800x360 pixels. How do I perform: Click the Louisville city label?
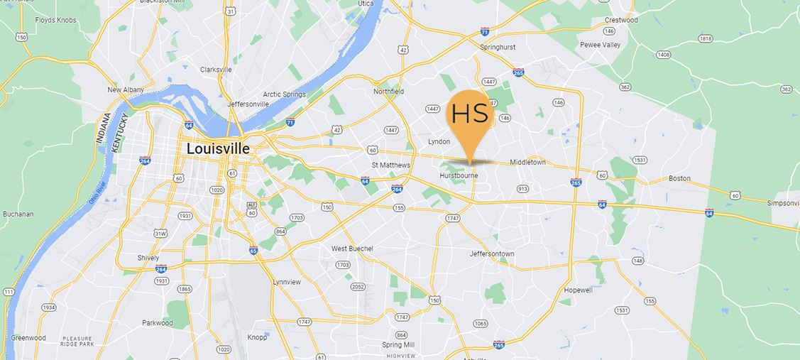click(218, 149)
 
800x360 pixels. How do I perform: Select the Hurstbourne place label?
click(458, 175)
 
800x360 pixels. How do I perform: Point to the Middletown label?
click(528, 163)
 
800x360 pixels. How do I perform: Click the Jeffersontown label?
click(492, 253)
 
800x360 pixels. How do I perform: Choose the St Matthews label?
click(391, 165)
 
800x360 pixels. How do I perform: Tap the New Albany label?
click(126, 90)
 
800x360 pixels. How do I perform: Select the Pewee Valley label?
click(600, 45)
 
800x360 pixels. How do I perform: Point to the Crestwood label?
click(621, 20)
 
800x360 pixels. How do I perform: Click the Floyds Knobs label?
click(55, 21)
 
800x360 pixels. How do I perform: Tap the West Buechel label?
click(352, 249)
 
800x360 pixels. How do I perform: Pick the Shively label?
click(149, 258)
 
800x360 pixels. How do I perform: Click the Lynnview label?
click(287, 282)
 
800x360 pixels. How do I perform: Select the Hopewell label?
click(578, 290)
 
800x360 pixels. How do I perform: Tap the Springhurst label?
click(498, 47)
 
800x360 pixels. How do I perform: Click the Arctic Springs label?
click(285, 94)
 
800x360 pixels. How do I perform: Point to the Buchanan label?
click(18, 214)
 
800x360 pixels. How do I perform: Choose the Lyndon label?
click(439, 141)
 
